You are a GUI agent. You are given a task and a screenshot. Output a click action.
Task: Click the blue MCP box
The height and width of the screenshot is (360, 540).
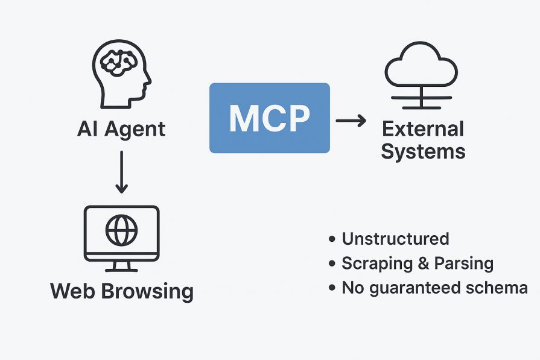(270, 118)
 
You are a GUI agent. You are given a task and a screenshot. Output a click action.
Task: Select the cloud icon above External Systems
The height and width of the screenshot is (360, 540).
(420, 68)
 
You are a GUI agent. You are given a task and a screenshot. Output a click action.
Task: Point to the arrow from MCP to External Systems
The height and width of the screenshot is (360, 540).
(351, 121)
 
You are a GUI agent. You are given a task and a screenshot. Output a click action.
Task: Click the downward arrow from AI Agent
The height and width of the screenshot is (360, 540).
(121, 172)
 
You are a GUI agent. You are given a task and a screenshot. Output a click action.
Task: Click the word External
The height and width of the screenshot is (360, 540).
(423, 129)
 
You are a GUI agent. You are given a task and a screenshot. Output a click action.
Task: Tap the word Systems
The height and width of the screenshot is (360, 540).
(423, 151)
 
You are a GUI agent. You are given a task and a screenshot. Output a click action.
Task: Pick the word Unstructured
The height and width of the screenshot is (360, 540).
(395, 239)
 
